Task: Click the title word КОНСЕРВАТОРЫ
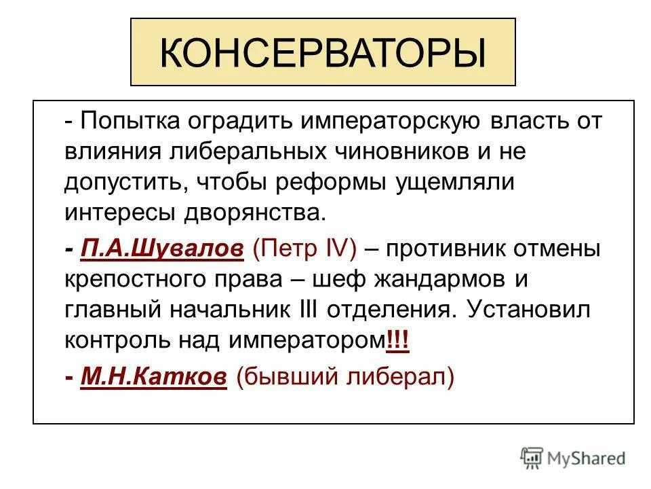click(x=323, y=53)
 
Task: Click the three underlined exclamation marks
click(x=397, y=340)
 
